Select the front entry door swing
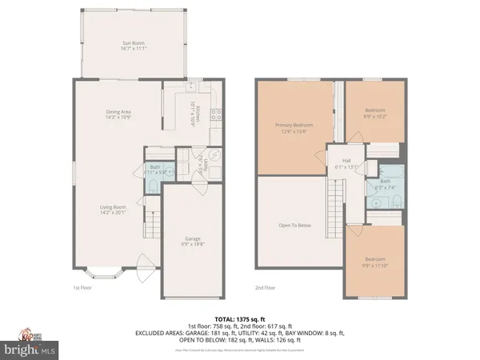pyautogui.click(x=144, y=262)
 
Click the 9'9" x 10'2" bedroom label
pyautogui.click(x=375, y=114)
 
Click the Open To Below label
pyautogui.click(x=294, y=226)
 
